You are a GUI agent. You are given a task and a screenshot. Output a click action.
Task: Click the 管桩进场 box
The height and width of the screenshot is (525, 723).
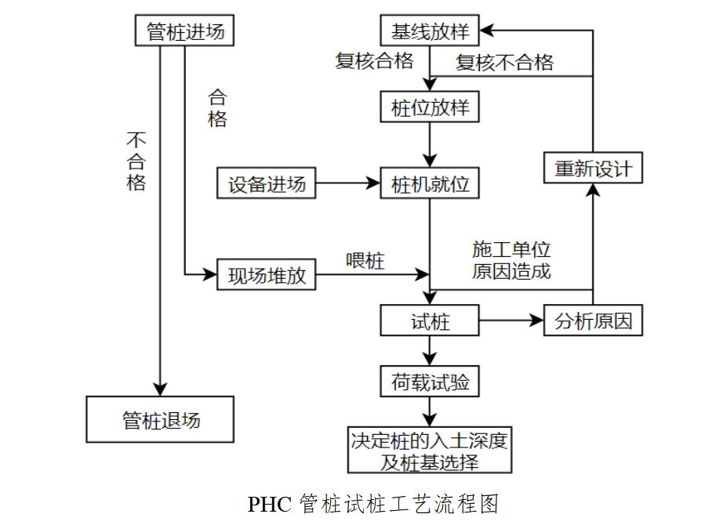click(185, 32)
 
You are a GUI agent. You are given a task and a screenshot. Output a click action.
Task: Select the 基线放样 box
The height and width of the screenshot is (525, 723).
click(430, 31)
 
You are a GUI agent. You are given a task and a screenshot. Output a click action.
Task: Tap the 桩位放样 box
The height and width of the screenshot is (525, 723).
click(430, 107)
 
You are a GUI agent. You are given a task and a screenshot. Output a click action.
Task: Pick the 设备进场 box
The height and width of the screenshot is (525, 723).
click(267, 185)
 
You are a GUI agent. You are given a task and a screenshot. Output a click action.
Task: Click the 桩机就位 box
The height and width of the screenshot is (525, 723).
click(430, 185)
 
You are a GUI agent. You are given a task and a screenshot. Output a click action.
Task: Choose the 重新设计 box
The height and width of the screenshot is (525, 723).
click(593, 168)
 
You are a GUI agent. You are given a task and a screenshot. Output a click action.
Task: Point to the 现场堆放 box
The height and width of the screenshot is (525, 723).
click(267, 275)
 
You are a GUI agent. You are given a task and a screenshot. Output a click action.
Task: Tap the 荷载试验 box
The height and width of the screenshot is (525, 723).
click(430, 382)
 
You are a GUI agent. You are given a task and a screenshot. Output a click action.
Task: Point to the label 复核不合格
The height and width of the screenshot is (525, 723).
click(504, 63)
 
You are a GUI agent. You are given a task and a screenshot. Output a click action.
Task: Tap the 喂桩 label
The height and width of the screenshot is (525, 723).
click(365, 260)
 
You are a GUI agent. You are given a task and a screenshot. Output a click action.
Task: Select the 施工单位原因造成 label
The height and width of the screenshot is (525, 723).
click(511, 261)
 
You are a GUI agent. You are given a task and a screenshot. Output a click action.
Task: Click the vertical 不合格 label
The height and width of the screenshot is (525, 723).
click(136, 161)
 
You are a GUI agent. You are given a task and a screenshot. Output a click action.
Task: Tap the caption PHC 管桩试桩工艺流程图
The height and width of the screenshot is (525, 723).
click(373, 504)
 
